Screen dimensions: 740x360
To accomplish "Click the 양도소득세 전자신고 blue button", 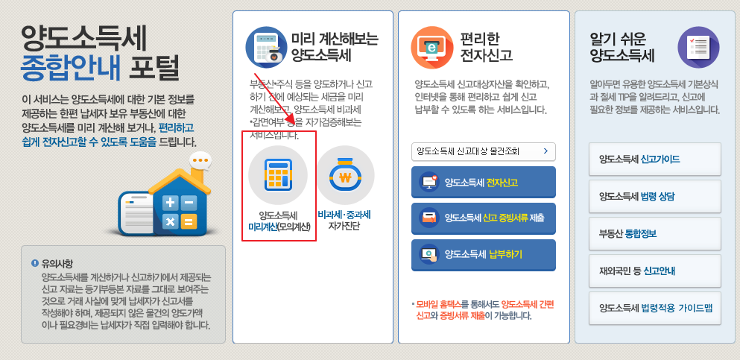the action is tap(483, 182).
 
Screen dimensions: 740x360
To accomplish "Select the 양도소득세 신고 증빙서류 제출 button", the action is tap(483, 218).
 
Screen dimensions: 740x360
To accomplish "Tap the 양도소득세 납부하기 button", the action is tap(483, 254).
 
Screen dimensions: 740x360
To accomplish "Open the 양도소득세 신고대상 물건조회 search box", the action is tap(483, 151).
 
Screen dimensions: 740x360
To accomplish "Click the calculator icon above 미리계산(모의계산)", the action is tap(277, 175).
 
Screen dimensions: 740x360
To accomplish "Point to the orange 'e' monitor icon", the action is tap(431, 45).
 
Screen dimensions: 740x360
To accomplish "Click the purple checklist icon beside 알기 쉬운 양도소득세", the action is tap(698, 46).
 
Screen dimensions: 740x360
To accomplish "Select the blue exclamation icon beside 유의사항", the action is tap(34, 263).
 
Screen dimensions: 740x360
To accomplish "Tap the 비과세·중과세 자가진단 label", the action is tap(344, 220).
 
